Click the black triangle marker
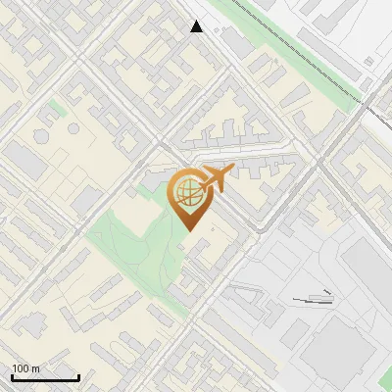point(197,26)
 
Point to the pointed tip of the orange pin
point(188,229)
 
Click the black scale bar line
point(45,378)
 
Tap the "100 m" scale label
point(26,368)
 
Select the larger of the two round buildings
point(73,128)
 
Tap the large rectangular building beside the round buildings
point(27,162)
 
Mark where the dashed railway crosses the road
point(376,105)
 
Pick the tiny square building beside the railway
point(368,61)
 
